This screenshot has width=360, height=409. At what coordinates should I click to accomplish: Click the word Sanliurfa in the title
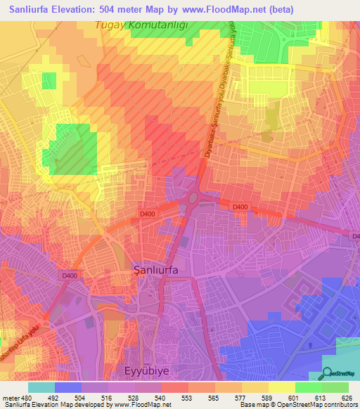pos(35,9)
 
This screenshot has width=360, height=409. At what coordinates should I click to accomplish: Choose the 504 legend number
pos(82,398)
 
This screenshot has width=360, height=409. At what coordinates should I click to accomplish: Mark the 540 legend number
pos(160,398)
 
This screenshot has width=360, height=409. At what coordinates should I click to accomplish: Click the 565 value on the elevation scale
pos(214,398)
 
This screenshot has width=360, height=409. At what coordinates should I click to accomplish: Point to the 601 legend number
pos(293,398)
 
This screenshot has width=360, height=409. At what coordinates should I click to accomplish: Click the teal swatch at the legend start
pos(41,387)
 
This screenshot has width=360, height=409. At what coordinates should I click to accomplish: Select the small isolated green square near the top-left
pos(49,81)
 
